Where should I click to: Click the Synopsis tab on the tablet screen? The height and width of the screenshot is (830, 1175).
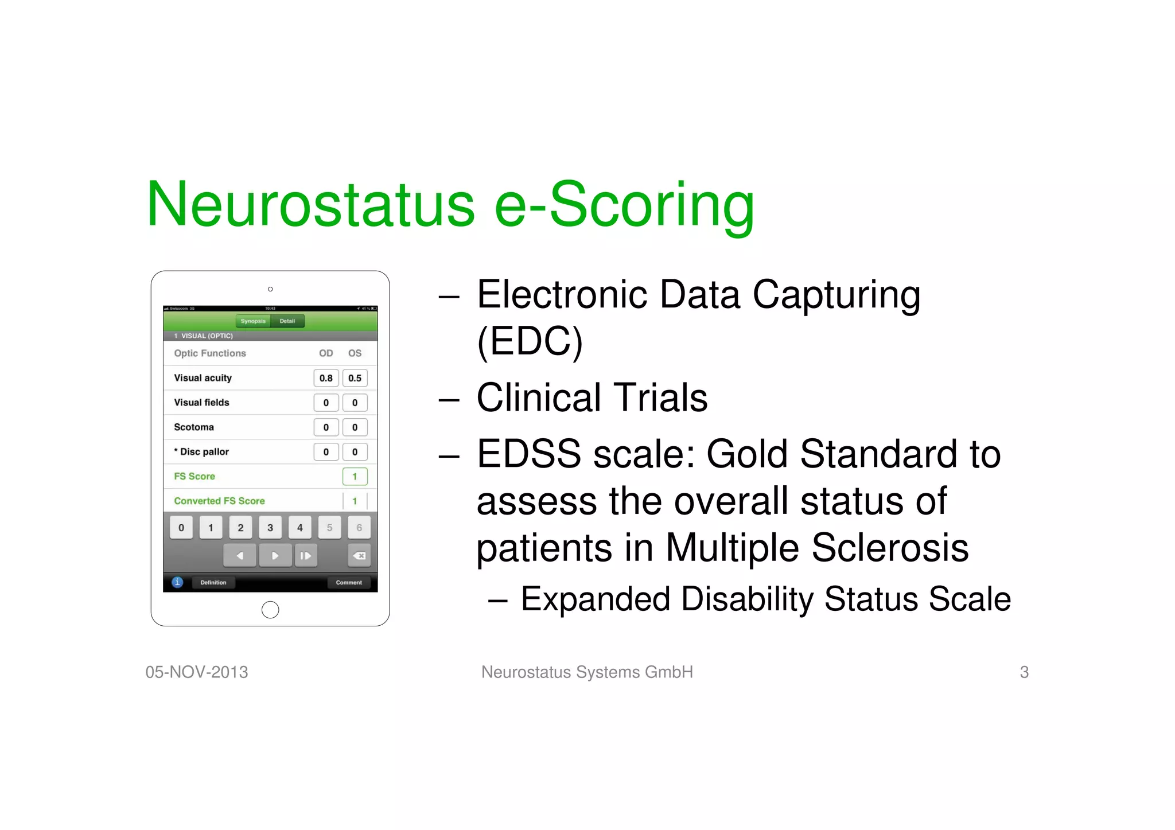pos(253,321)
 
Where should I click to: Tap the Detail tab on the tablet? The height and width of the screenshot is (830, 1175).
pos(287,321)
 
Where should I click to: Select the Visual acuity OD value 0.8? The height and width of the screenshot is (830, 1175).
pos(326,378)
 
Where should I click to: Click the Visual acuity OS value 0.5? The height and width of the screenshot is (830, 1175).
pos(355,378)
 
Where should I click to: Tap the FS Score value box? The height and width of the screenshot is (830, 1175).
pos(355,477)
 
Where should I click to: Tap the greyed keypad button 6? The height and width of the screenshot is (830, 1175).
pos(359,528)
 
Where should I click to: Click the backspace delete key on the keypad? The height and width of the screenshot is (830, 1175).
pos(359,555)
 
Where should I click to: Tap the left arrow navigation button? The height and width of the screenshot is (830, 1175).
pos(240,555)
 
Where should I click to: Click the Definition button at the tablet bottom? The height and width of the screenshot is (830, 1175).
pos(213,583)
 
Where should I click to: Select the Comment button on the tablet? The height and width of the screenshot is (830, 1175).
pos(349,583)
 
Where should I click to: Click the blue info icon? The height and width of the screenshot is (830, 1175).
pos(178,582)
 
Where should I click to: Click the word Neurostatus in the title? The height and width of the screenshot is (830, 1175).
pos(310,205)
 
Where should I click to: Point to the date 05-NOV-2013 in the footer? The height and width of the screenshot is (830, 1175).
pos(197,672)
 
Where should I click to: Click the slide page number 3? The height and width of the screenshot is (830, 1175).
pos(1024,672)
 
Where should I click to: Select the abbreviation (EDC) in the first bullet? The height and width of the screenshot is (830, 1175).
pos(530,342)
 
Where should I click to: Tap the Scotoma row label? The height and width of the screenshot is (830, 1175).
pos(194,427)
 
